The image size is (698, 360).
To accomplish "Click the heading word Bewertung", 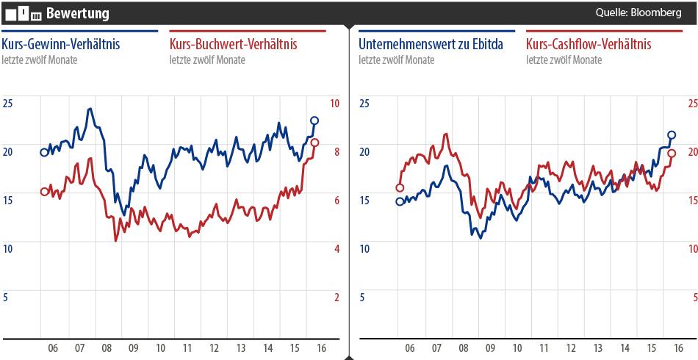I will pos(77,13).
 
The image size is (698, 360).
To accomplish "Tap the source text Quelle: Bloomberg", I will pos(638,13).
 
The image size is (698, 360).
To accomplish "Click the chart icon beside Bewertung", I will pos(23,13).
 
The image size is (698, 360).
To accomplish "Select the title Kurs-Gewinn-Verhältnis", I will pos(61,45).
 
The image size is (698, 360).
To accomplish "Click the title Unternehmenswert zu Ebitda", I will pos(431,45).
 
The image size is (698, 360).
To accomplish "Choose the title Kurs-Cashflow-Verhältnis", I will pos(589,45).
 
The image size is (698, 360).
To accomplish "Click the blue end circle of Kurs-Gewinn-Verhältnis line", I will pos(314,120).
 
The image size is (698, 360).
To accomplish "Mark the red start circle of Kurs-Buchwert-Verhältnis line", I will pos(44,192).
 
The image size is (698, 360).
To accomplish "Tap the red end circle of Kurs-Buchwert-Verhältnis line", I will pos(314,143).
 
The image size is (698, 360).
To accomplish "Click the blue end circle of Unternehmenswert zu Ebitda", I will pos(671,134).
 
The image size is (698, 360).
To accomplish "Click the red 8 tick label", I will pos(337,151).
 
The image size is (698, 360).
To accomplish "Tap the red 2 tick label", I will pos(337,298).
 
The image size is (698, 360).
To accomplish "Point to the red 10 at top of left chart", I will pos(334,104).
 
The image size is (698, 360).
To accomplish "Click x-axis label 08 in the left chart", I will pos(107,348).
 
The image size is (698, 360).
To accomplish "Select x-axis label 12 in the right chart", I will pos(570,348).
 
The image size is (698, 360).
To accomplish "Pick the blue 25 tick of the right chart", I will pos(364,104).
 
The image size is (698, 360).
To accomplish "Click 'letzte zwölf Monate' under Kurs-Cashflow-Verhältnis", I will pos(564,60).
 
